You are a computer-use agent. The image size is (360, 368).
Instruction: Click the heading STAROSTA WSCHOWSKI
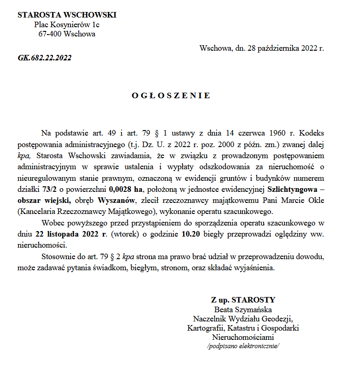pyautogui.click(x=67, y=15)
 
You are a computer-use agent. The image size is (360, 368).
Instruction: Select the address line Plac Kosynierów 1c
pyautogui.click(x=67, y=24)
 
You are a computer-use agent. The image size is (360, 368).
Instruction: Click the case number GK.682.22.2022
pyautogui.click(x=45, y=58)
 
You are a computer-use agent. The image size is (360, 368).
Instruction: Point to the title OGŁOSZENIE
pyautogui.click(x=171, y=95)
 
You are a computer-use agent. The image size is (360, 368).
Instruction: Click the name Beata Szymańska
pyautogui.click(x=243, y=309)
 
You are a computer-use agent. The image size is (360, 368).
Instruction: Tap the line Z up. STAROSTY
pyautogui.click(x=243, y=300)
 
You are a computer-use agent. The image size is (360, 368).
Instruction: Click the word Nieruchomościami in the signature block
pyautogui.click(x=243, y=337)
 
